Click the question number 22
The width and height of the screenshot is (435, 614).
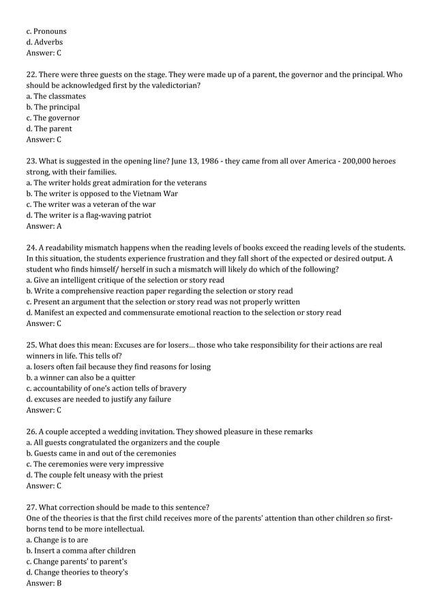point(31,75)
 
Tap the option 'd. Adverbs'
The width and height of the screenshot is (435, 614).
point(44,42)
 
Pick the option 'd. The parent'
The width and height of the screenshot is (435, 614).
point(49,129)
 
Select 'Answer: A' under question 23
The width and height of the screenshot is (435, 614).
point(44,226)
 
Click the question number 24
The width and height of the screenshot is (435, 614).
point(31,248)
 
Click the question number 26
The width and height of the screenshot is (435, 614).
point(31,432)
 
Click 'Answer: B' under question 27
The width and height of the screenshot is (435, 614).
point(44,583)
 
